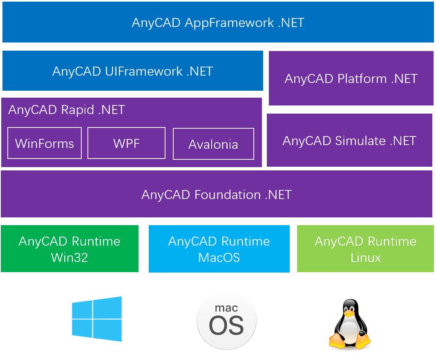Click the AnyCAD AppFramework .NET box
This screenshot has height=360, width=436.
(218, 22)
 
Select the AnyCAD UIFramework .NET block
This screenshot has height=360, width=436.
(132, 71)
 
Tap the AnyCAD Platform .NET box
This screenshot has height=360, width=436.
(351, 78)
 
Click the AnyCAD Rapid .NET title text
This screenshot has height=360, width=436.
(66, 110)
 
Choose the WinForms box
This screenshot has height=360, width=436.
(45, 143)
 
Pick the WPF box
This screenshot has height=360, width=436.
(126, 143)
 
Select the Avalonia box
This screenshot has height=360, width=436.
(213, 144)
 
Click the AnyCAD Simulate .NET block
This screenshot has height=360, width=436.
(349, 141)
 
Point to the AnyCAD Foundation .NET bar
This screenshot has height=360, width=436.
(216, 195)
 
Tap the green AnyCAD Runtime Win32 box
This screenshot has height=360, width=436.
(69, 249)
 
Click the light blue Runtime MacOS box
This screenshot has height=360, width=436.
(219, 249)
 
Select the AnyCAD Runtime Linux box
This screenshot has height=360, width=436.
(365, 249)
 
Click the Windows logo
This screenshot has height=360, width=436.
(97, 319)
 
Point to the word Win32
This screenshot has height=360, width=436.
(69, 258)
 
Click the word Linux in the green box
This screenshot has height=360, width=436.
(365, 258)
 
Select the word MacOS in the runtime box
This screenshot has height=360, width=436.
(219, 258)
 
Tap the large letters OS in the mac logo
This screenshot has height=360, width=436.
(226, 326)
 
